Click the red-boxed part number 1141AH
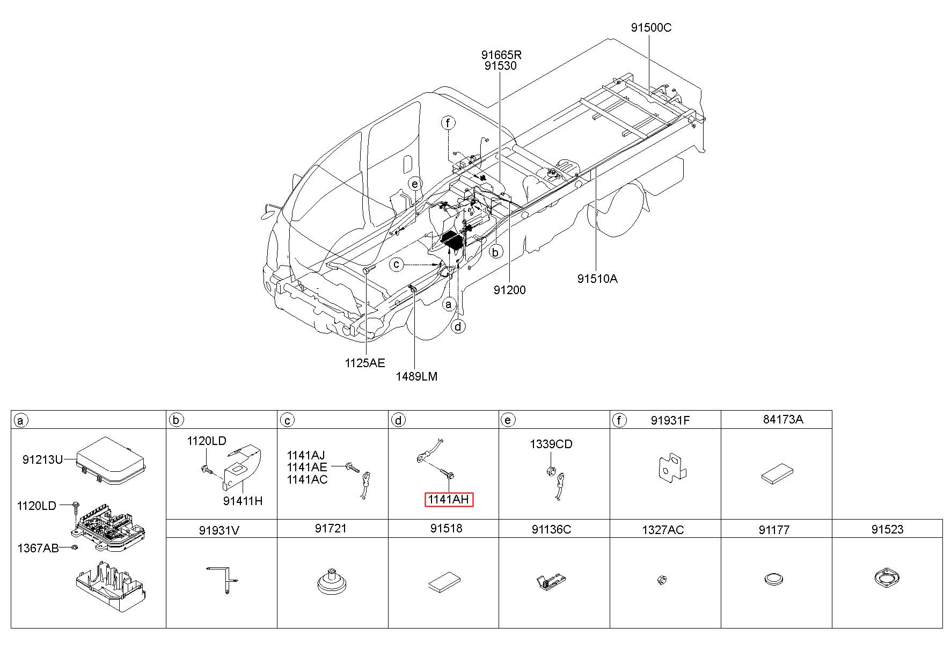(x=449, y=500)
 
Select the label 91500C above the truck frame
(x=651, y=28)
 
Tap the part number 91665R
(x=501, y=55)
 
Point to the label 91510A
(x=597, y=279)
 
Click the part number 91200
(x=510, y=290)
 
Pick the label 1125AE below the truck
(x=365, y=363)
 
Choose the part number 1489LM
(x=416, y=376)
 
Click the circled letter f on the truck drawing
(x=448, y=123)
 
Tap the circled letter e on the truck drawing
(x=414, y=184)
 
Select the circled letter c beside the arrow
(x=397, y=265)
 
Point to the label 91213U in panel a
(x=43, y=459)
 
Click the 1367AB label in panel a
(x=38, y=548)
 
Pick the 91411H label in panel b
(x=243, y=501)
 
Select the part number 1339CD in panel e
(x=551, y=444)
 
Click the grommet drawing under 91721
(x=332, y=582)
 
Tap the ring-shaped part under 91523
(x=887, y=579)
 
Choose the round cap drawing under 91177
(x=774, y=579)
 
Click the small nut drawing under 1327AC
(x=662, y=579)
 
